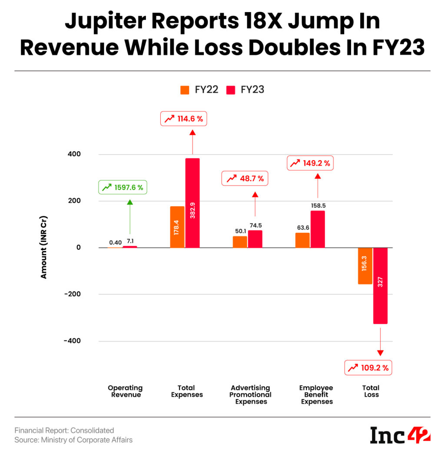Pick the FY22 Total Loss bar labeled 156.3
(365, 266)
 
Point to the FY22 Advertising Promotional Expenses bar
(240, 242)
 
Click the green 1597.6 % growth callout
(123, 188)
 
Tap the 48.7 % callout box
(245, 178)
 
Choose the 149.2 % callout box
(310, 163)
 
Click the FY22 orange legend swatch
(185, 90)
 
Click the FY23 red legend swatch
(230, 90)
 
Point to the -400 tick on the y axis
(72, 341)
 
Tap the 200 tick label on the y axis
(74, 201)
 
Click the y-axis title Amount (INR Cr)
(43, 247)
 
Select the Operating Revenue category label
(125, 391)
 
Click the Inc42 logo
(400, 435)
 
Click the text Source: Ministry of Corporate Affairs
(73, 440)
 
